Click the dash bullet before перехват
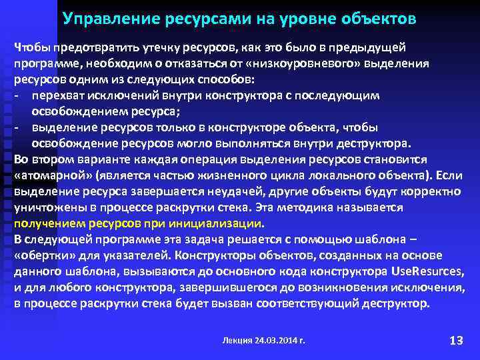pyautogui.click(x=17, y=96)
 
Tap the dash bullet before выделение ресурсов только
pyautogui.click(x=17, y=127)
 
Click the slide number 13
pyautogui.click(x=456, y=341)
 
